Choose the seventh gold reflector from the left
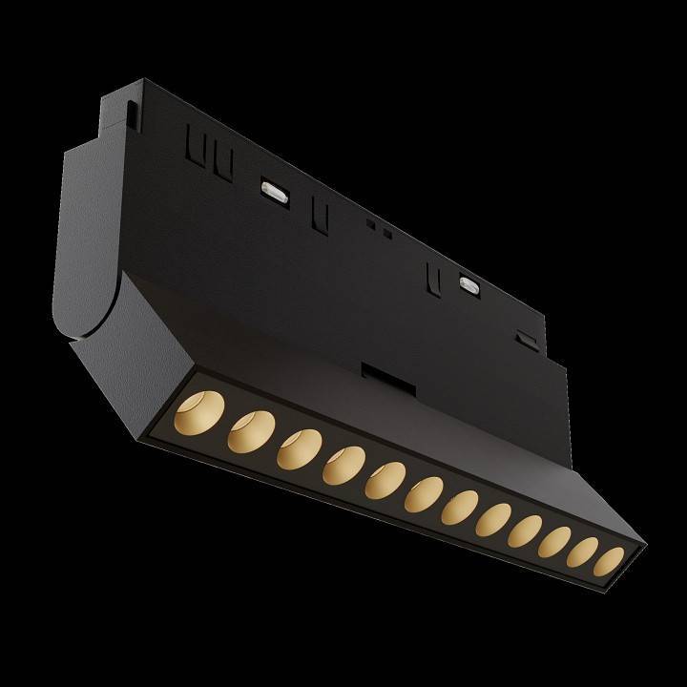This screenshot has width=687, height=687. (x=462, y=507)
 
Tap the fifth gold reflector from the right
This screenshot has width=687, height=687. (x=495, y=521)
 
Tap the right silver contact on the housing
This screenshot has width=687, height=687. (x=468, y=282)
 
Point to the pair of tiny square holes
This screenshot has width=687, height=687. (x=380, y=228)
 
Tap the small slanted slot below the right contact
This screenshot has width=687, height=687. (x=522, y=338)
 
